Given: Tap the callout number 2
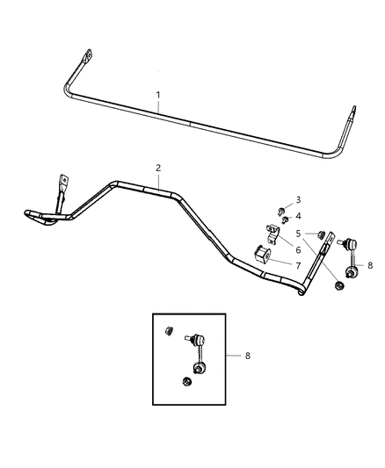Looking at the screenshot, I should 158,167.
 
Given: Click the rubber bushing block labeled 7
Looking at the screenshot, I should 261,255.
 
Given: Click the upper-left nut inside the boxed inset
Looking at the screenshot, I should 168,330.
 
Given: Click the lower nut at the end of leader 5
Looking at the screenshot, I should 339,289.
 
